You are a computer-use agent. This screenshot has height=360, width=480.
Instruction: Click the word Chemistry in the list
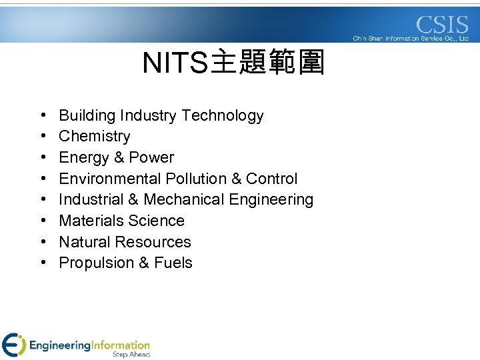(x=95, y=137)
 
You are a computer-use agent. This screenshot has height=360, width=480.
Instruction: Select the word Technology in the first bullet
(x=223, y=116)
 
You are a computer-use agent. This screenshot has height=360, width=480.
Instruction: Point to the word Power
(x=151, y=158)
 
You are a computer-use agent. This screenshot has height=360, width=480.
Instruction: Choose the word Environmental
(x=110, y=179)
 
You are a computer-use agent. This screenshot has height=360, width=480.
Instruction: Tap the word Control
(x=271, y=179)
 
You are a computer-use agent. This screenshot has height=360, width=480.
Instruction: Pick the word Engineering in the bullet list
(x=273, y=200)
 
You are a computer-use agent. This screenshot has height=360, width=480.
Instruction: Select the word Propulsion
(x=97, y=263)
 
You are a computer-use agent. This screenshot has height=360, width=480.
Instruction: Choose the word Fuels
(x=173, y=263)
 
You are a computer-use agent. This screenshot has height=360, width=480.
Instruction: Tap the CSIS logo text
(x=442, y=25)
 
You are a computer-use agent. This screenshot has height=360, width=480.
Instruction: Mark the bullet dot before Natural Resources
(x=43, y=242)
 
